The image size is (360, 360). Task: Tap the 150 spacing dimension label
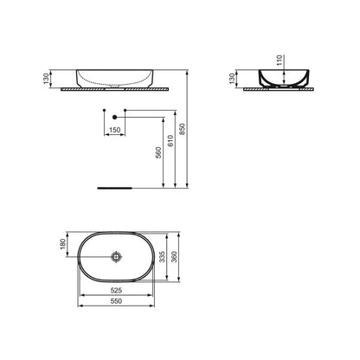(113, 131)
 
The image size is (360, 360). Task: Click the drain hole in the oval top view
(115, 257)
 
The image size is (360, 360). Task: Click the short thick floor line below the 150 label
(114, 185)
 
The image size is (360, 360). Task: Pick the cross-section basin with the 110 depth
(280, 78)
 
